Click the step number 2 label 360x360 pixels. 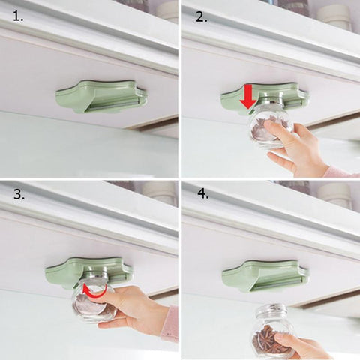(201, 16)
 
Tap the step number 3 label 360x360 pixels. (19, 196)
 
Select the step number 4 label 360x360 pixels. (201, 196)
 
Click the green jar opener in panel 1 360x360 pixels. (100, 96)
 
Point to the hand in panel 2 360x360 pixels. (296, 146)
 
